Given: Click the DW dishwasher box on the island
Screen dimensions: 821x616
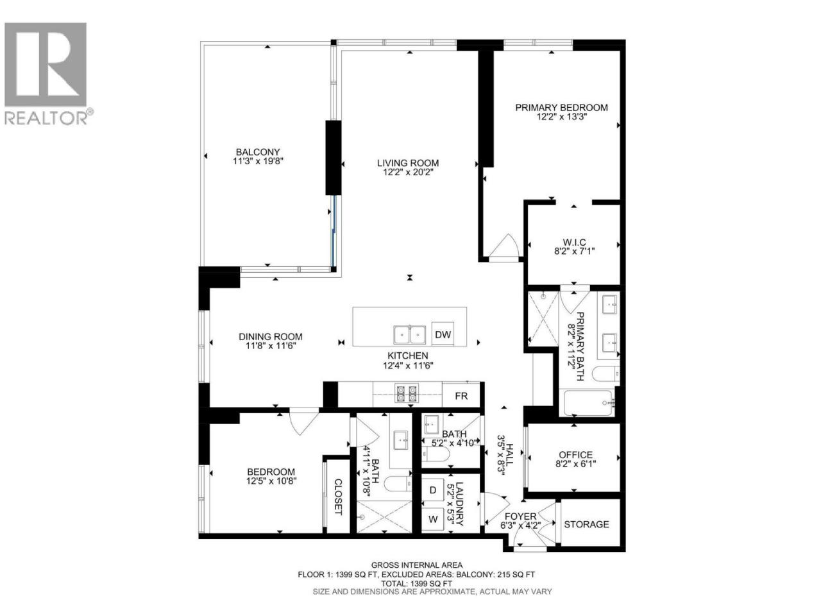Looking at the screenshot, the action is (x=443, y=334).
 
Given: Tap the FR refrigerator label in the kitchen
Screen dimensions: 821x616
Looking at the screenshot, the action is (x=461, y=396).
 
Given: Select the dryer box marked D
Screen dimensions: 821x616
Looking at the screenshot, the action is (x=433, y=490).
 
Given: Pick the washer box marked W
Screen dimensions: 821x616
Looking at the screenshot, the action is (x=433, y=519).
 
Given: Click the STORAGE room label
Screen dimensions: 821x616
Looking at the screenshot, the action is (x=586, y=524).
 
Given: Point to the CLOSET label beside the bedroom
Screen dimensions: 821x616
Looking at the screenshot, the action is (x=338, y=497).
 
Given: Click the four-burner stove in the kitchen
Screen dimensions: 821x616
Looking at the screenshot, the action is (x=407, y=393).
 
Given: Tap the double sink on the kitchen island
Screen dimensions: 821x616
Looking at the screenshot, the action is (x=410, y=335).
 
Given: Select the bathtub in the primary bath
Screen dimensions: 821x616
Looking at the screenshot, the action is (x=588, y=403).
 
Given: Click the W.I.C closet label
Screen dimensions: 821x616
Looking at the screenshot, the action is (x=574, y=243).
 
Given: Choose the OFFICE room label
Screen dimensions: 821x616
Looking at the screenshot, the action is (x=575, y=455).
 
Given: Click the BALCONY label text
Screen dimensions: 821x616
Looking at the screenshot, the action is (x=258, y=152).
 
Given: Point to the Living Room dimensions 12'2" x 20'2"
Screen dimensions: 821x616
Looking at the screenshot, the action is (x=408, y=173).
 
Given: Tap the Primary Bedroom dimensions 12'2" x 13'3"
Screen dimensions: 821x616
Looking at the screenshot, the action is (x=561, y=117).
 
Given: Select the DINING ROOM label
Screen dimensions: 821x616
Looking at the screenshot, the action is (x=271, y=337).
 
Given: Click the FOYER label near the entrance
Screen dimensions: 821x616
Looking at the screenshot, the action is (x=521, y=517).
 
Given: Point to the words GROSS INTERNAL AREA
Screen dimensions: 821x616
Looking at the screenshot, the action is (x=417, y=565).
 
